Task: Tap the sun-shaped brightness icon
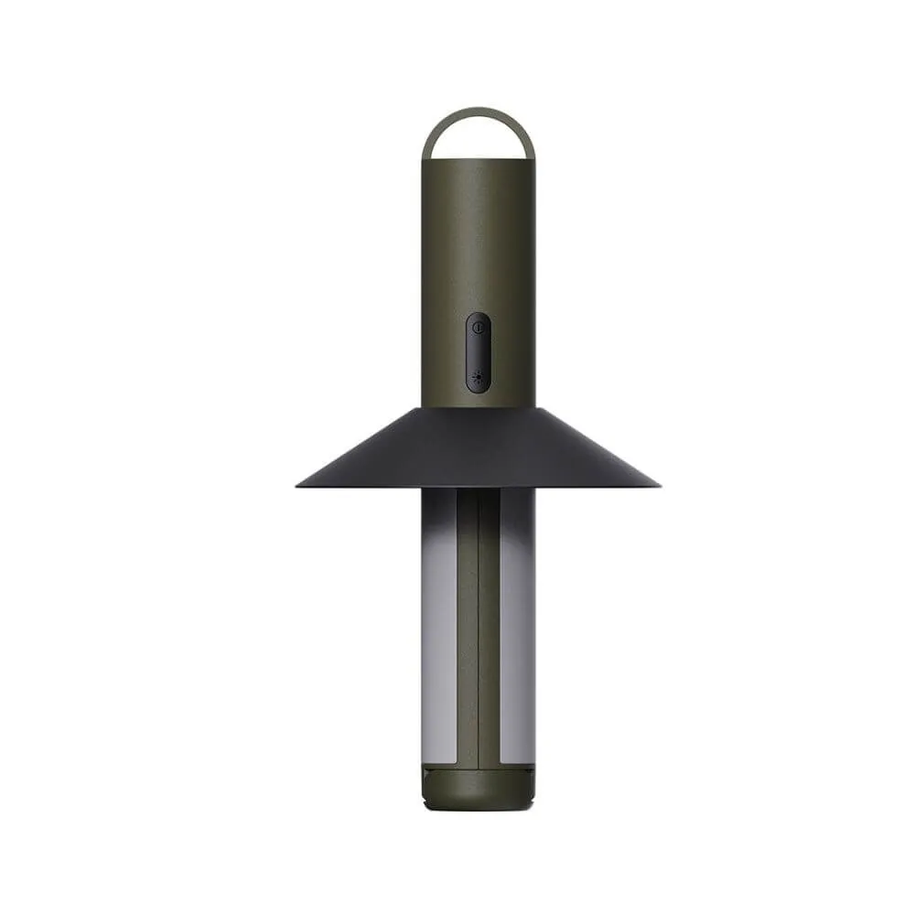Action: (477, 376)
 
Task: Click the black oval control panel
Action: (478, 353)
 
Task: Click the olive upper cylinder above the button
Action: (478, 238)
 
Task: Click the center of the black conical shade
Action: (478, 448)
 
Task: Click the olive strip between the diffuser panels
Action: (478, 640)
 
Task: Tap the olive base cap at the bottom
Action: (478, 789)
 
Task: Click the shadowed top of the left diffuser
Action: (439, 508)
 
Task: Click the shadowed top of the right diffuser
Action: (517, 508)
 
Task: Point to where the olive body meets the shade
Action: (478, 407)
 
